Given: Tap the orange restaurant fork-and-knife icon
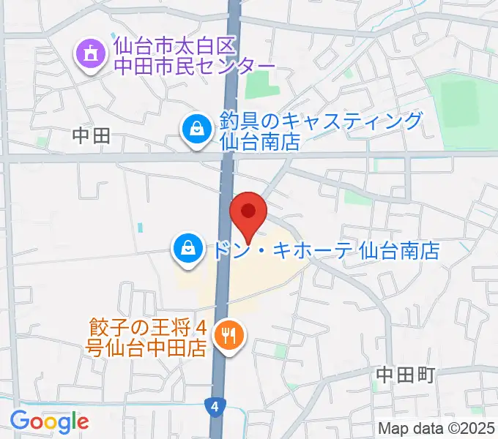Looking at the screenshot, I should [x=229, y=336].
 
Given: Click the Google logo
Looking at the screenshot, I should [x=49, y=422].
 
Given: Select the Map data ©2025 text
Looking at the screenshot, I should [x=437, y=429].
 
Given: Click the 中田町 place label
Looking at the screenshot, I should [x=405, y=375].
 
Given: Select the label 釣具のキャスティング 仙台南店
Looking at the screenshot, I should [x=321, y=130].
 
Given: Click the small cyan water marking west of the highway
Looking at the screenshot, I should [x=140, y=228].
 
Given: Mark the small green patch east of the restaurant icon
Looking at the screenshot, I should [x=280, y=351].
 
